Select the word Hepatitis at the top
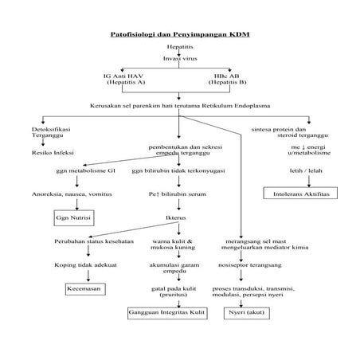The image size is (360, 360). (179, 47)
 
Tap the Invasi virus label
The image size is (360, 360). (179, 59)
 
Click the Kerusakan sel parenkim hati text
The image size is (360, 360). (179, 106)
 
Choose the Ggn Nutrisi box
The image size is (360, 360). (72, 217)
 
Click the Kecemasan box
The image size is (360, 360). (84, 289)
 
